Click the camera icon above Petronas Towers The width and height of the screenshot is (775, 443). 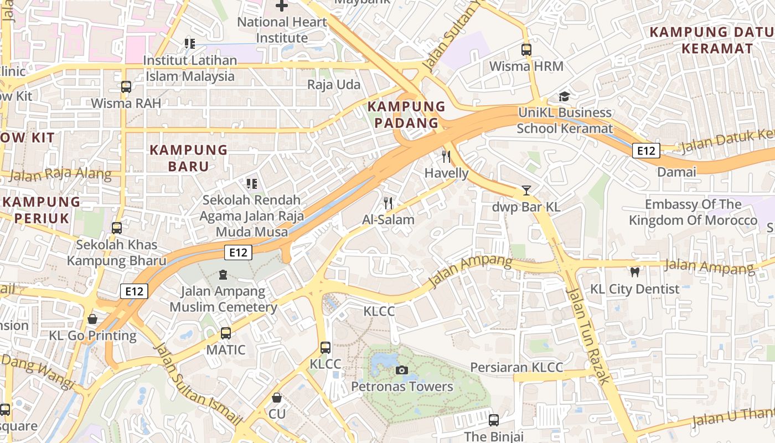coord(402,370)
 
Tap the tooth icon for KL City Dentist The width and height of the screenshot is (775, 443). coord(635,272)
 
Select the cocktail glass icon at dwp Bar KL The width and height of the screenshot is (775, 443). coord(526,190)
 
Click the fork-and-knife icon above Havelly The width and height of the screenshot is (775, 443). coord(446,156)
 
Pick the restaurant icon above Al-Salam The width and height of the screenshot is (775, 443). coord(388,203)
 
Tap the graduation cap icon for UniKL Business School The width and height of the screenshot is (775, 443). coord(564,96)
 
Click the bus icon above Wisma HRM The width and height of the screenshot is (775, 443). coord(526,49)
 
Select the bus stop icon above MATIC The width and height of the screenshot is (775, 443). coord(225,333)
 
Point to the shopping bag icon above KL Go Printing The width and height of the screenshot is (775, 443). coord(92,319)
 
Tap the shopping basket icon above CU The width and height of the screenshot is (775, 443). coord(277,398)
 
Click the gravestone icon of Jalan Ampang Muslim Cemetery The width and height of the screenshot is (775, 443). coord(223,274)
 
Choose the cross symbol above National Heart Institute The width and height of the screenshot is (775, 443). coord(281,6)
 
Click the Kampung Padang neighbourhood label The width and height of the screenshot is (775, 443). coord(407,115)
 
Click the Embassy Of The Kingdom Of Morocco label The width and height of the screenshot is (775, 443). coord(693,212)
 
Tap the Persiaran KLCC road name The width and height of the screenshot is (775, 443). coord(516,367)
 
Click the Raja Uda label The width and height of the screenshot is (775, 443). coord(334,85)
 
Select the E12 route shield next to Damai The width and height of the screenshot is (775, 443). coord(646,151)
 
